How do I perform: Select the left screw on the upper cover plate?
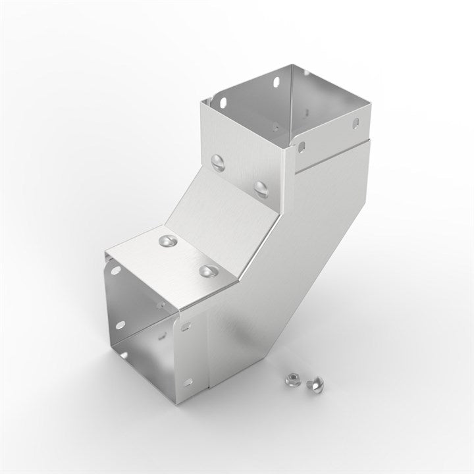(217, 160)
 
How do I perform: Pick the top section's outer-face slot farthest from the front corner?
(356, 123)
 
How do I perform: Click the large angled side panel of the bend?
(276, 276)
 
